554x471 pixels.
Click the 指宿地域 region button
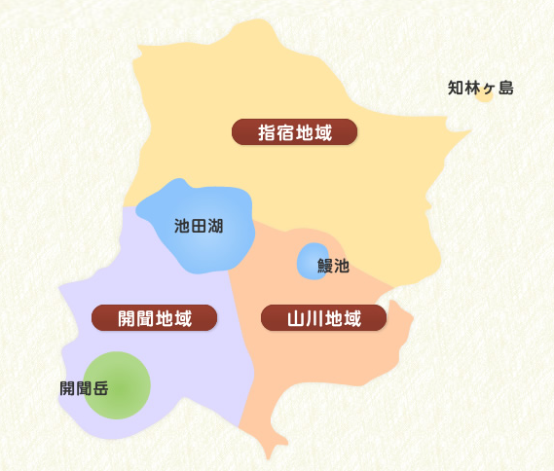[x=295, y=131]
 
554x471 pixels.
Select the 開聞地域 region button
[x=154, y=317]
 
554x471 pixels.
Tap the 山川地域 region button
[x=324, y=317]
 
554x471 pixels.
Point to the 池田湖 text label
[x=199, y=227]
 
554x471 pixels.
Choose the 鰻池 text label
[x=333, y=265]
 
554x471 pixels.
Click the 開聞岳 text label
[x=84, y=388]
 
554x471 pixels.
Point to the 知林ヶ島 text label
[x=480, y=89]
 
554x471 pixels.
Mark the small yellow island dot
[x=484, y=94]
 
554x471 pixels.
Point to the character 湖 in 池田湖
[x=215, y=227]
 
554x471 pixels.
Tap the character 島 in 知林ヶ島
[x=504, y=89]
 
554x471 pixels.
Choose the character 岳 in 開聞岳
[x=100, y=388]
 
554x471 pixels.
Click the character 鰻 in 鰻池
[x=325, y=265]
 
